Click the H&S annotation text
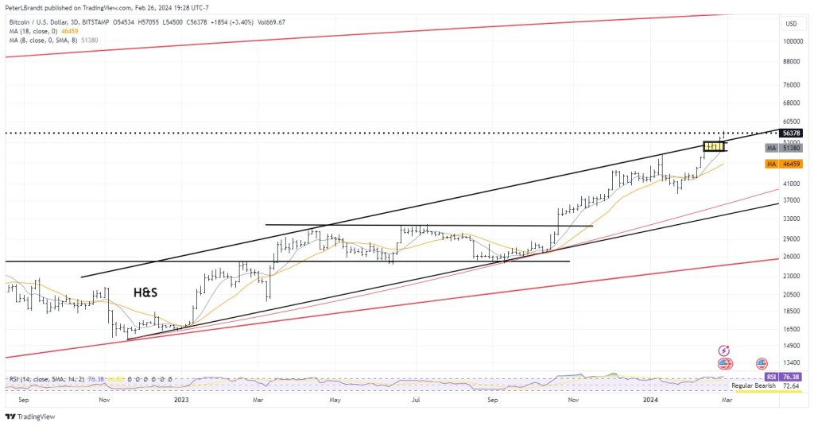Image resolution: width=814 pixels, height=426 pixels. (145, 292)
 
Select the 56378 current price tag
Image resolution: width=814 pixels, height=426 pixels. (791, 134)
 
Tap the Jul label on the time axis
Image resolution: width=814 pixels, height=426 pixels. (414, 400)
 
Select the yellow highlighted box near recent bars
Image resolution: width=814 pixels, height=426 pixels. (715, 146)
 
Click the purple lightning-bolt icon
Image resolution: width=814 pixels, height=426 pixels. (724, 350)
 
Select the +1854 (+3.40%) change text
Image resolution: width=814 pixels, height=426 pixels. (239, 21)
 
